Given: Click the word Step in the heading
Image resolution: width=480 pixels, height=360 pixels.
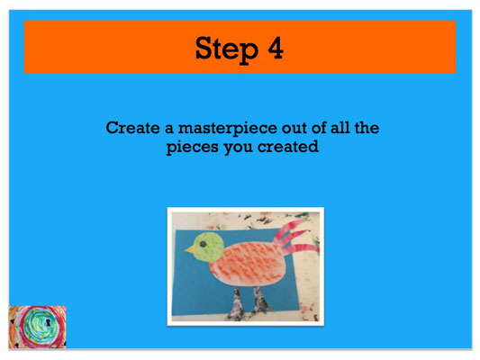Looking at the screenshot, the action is (227, 49).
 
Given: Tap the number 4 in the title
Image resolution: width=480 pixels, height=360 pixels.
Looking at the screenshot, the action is (276, 48).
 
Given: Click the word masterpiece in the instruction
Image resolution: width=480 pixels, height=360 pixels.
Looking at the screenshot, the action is (228, 129).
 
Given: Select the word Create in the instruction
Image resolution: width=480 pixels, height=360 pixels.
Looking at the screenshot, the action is (132, 128).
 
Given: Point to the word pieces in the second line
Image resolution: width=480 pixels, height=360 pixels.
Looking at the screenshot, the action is (193, 148).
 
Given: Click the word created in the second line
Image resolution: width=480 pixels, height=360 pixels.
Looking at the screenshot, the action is (288, 147).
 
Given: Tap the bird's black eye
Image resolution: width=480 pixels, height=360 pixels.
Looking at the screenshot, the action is (203, 244).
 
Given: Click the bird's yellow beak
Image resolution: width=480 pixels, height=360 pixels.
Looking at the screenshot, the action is (190, 249).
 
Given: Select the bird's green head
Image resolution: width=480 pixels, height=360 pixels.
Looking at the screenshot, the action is (209, 247).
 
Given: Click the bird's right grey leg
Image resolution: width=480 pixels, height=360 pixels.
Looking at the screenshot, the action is (262, 301).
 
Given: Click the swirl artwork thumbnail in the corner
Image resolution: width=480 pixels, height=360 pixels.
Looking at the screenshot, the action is (37, 327).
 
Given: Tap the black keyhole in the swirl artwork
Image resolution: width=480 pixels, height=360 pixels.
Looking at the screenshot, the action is (48, 322).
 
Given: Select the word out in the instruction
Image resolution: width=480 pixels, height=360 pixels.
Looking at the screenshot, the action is (294, 128).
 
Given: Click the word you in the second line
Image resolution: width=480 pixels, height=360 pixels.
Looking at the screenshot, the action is (239, 148).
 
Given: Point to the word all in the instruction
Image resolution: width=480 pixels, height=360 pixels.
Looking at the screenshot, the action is (340, 128).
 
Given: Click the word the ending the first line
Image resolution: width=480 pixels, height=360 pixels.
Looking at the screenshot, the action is (367, 128).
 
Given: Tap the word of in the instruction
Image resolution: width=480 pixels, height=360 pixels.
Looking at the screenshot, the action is (319, 128).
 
